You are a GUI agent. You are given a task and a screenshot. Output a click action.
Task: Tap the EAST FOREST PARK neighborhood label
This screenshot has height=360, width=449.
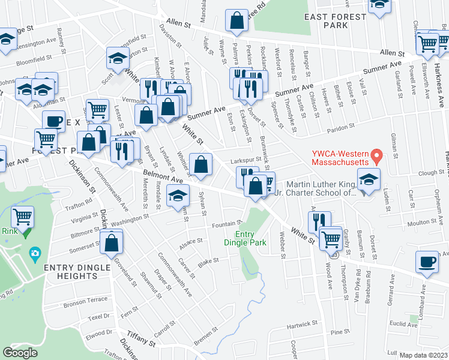(334, 21)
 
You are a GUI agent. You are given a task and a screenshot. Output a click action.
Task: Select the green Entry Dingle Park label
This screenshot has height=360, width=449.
(249, 238)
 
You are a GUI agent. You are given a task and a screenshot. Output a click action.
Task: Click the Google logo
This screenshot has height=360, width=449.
(20, 353)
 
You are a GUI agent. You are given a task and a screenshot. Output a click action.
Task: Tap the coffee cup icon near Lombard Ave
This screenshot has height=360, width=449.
(427, 262)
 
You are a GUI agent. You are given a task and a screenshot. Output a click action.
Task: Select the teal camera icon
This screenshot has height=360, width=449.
(34, 254)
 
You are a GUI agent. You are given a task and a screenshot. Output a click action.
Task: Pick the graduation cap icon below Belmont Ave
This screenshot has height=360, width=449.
(177, 196)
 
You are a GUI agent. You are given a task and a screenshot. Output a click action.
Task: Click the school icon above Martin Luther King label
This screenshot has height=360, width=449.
(369, 179)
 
